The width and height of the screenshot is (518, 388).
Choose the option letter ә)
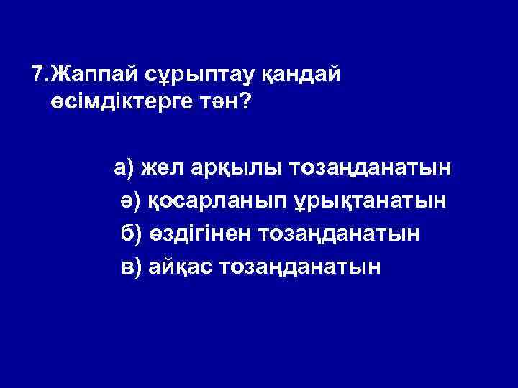coord(131,201)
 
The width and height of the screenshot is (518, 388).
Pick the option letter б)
coord(131,234)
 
